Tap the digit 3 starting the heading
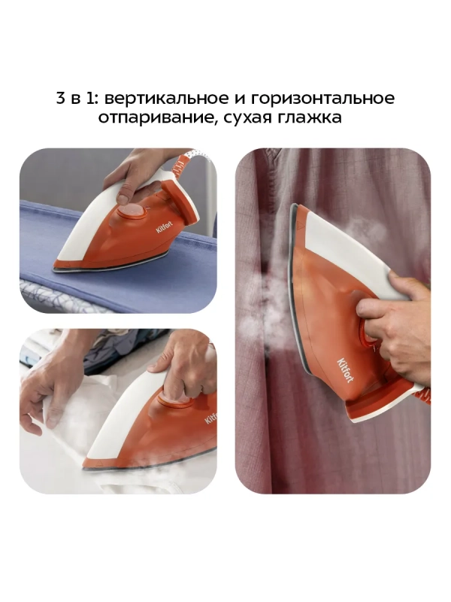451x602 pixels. [61, 99]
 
